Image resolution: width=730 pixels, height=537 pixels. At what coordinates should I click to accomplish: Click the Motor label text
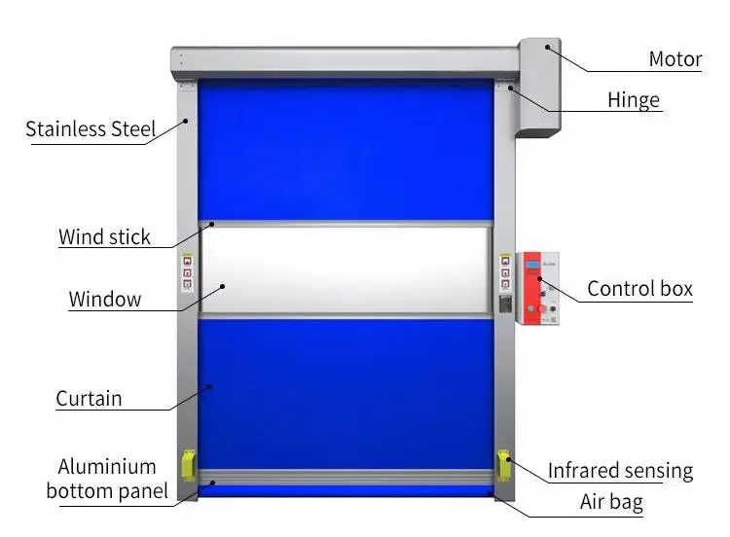(675, 59)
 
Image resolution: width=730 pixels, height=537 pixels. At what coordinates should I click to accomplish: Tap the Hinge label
(633, 99)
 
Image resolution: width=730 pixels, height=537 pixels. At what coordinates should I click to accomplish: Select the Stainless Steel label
(91, 129)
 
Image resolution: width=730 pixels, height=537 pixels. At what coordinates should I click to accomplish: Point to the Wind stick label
(104, 236)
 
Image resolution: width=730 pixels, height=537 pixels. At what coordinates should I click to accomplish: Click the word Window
(104, 299)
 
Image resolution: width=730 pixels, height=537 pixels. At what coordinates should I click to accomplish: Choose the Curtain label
(89, 398)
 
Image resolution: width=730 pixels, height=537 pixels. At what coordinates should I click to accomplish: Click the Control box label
(639, 289)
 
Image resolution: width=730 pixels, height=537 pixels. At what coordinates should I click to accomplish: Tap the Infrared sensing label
(620, 472)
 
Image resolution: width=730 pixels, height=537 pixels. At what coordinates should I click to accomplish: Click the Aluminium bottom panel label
(106, 479)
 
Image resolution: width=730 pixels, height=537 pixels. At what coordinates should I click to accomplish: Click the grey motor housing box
(539, 88)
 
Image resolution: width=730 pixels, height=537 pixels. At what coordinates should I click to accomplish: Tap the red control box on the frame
(538, 289)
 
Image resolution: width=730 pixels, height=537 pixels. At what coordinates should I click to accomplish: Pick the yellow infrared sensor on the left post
(187, 466)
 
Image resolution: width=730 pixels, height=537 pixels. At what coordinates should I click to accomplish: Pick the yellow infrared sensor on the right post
(504, 466)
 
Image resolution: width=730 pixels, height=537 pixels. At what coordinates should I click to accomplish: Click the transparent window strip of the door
(346, 270)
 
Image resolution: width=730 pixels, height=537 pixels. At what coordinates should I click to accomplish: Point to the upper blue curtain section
(346, 151)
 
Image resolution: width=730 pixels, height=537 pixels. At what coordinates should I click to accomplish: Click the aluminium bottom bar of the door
(346, 477)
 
